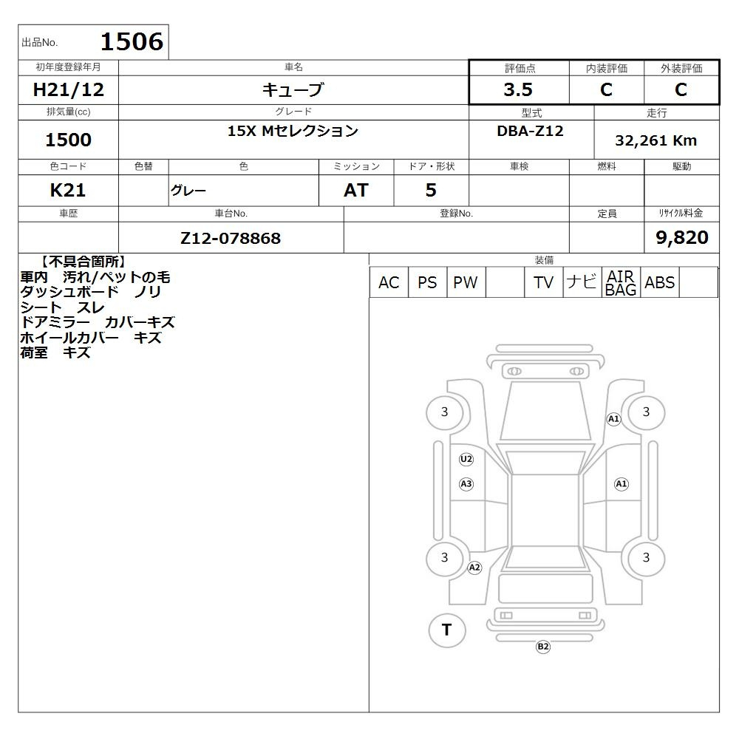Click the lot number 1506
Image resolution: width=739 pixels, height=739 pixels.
click(132, 41)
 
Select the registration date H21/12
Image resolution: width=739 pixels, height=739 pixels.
click(68, 89)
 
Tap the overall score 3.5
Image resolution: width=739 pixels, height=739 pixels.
click(518, 89)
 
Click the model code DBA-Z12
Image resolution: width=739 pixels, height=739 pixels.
click(530, 131)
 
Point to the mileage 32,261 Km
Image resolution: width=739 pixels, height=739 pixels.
click(655, 140)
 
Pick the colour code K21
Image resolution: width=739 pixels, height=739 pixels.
click(68, 190)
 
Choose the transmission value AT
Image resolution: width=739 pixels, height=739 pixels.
click(356, 190)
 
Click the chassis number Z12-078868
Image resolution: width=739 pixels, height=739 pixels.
click(231, 238)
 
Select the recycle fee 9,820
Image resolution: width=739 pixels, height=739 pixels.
click(682, 237)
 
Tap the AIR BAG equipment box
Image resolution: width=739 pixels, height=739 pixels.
click(621, 282)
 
